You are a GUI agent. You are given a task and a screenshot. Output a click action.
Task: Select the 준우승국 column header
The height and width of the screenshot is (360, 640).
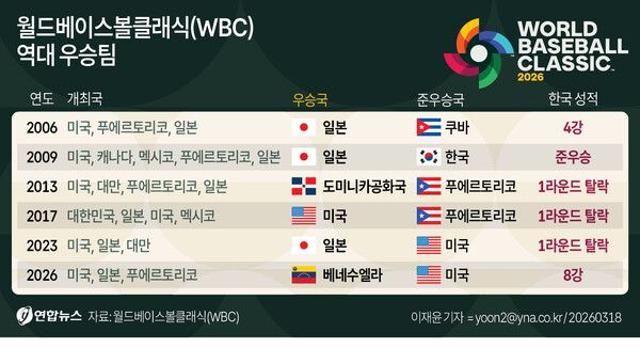(x=443, y=100)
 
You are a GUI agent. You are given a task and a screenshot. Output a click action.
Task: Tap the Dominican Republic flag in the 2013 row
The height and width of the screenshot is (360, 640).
(x=302, y=186)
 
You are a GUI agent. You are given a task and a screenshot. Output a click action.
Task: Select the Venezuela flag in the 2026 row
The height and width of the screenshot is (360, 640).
(x=302, y=273)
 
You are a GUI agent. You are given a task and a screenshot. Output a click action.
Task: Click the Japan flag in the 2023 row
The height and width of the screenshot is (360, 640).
(x=302, y=244)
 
